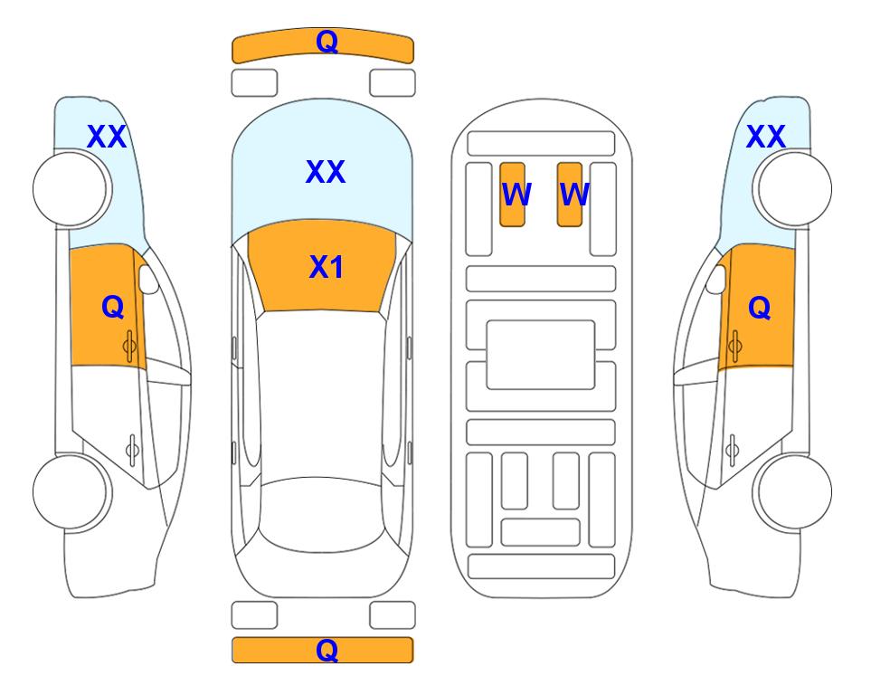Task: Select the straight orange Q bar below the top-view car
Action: tap(323, 650)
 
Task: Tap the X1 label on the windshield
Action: tap(327, 267)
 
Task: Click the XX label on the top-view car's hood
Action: tap(326, 171)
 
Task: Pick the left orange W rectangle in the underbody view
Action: tap(512, 195)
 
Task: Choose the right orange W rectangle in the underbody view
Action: tap(570, 195)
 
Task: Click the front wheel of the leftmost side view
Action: tap(70, 189)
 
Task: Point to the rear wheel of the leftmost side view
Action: tap(70, 491)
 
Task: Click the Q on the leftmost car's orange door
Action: tap(113, 307)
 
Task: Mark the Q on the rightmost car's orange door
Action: tap(760, 308)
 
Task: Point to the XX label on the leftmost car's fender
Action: tap(107, 137)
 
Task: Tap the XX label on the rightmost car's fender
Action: tap(766, 137)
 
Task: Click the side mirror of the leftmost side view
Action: tap(147, 279)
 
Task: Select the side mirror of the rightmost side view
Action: tap(716, 279)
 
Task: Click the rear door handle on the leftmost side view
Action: tap(132, 450)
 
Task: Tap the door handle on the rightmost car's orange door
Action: tap(735, 346)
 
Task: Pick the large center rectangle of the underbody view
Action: tap(541, 355)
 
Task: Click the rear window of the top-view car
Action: tap(322, 514)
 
